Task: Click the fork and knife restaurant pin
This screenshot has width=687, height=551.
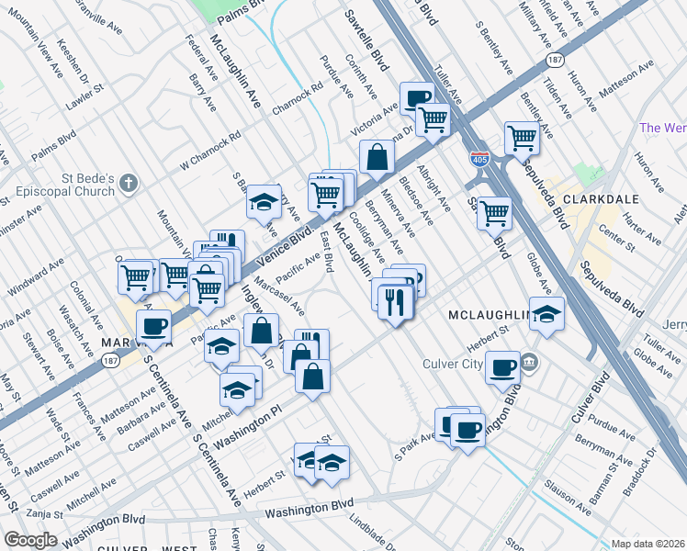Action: tap(395, 301)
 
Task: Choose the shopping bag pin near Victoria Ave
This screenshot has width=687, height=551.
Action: tap(377, 156)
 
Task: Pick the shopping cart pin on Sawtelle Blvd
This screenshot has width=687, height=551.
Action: tap(494, 213)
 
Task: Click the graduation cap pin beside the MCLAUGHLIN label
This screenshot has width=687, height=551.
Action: tap(546, 315)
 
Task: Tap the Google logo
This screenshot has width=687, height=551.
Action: tap(29, 540)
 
